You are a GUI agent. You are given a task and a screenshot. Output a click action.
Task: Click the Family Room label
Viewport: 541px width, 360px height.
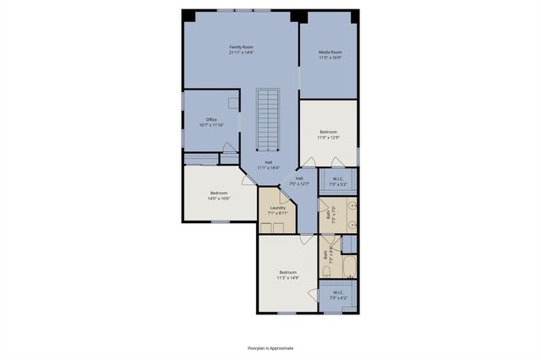[x=241, y=46]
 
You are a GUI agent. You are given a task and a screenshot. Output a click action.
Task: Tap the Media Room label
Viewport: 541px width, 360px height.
[x=329, y=53]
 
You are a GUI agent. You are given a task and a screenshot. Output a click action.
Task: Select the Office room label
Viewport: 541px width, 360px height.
[x=211, y=119]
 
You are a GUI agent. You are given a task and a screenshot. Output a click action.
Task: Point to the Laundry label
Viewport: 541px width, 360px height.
[x=277, y=208]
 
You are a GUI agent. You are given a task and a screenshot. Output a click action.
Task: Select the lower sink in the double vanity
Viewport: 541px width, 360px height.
[x=352, y=226]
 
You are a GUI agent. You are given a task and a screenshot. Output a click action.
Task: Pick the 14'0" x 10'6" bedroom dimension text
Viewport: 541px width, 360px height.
[x=219, y=199]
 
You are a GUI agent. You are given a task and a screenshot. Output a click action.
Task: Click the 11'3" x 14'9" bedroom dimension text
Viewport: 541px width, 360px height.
[x=287, y=277]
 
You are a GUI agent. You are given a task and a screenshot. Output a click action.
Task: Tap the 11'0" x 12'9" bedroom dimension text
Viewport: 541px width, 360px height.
[x=328, y=137]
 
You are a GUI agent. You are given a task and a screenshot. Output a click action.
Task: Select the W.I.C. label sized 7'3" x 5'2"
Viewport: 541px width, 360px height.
[x=337, y=183]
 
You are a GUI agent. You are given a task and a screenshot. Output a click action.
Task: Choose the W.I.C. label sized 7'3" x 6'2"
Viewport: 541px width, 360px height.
[x=337, y=297]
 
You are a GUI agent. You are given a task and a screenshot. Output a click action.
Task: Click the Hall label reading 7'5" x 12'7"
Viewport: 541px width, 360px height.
[x=299, y=183]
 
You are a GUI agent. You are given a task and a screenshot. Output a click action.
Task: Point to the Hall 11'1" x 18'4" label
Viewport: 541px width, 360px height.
[x=268, y=167]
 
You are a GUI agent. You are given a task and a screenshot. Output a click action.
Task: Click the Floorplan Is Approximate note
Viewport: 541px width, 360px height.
[x=270, y=347]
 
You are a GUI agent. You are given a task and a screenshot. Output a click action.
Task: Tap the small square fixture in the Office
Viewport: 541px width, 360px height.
[x=232, y=100]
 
